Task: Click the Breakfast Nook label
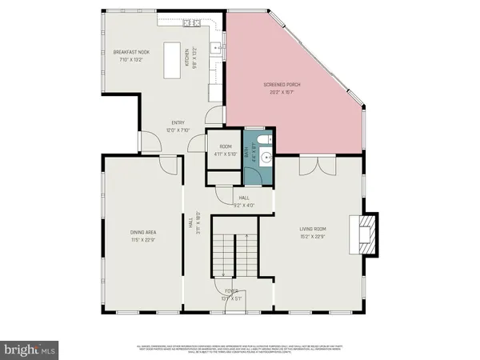coord(130,52)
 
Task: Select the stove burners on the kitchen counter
coord(191,24)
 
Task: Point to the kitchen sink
coord(215,49)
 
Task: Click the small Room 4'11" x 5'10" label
coord(225,150)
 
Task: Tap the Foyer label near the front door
coord(230,293)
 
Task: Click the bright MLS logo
coord(30,350)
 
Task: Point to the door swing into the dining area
coord(168,166)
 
